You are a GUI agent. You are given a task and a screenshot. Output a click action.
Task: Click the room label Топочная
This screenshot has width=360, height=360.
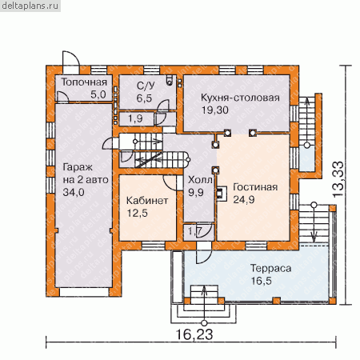click(84, 82)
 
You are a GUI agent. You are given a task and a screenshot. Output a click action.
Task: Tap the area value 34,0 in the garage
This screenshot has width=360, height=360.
click(74, 192)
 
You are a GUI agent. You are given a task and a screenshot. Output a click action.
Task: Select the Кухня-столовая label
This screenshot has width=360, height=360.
click(240, 98)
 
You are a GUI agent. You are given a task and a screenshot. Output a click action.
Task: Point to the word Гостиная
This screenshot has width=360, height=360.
click(255, 187)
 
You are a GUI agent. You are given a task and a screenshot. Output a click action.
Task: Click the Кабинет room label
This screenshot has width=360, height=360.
click(147, 201)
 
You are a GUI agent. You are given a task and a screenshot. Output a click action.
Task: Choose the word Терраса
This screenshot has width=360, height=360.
click(270, 268)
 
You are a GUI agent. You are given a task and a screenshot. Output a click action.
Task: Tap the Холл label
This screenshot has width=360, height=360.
click(200, 180)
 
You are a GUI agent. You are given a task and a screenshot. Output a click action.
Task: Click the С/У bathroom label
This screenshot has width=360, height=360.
click(146, 86)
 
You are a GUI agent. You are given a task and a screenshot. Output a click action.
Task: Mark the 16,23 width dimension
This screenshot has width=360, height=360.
click(194, 334)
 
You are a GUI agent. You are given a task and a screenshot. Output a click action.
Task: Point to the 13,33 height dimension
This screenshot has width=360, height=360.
click(338, 179)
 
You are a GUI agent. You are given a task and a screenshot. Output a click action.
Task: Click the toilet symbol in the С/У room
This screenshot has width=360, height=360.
click(170, 81)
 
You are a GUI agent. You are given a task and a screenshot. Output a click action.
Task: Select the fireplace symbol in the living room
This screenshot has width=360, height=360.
click(222, 193)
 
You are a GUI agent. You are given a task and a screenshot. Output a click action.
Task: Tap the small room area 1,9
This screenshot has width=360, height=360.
click(135, 118)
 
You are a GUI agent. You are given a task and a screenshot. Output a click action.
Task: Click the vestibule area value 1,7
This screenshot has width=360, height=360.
click(195, 231)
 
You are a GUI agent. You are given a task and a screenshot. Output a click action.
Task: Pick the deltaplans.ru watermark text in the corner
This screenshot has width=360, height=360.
click(30, 6)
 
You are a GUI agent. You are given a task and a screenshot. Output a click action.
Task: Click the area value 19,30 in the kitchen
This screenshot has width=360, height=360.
click(215, 110)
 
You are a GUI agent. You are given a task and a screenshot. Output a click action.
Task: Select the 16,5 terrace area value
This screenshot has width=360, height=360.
click(262, 281)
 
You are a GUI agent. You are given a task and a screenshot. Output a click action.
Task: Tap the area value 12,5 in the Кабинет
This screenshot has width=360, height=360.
click(137, 213)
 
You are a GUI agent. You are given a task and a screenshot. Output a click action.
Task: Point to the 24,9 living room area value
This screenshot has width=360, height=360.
click(244, 200)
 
